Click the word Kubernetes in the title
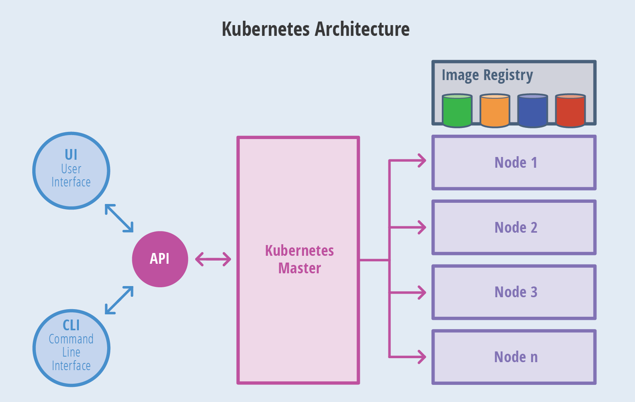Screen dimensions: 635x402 point(266,29)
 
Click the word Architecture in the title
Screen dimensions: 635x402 point(362,29)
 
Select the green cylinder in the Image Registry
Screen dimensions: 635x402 point(457,111)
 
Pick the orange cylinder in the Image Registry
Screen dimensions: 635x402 point(495,111)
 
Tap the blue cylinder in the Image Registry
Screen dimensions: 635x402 point(532,111)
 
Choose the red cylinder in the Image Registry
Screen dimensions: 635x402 point(570,111)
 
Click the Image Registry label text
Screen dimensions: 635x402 point(487,75)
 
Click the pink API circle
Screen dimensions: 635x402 point(160,259)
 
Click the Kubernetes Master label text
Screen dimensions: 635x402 point(299,259)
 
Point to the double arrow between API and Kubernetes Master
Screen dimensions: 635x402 point(213,259)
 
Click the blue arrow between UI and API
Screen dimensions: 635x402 point(119,218)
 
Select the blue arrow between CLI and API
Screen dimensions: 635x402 point(119,300)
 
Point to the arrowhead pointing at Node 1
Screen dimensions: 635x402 point(422,161)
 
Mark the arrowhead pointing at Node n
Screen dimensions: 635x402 point(422,357)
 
